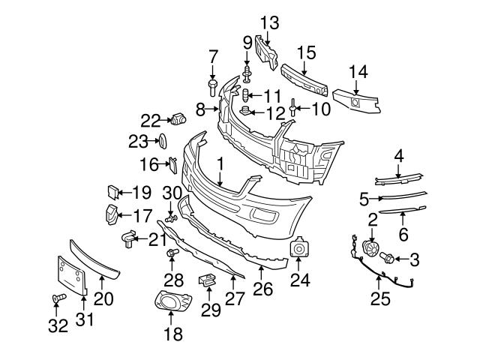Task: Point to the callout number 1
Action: coord(220,163)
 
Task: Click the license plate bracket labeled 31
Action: coord(70,274)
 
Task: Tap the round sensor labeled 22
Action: coord(178,118)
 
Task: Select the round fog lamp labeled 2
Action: coord(369,249)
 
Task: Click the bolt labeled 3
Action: coord(388,259)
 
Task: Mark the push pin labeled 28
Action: coord(172,255)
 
